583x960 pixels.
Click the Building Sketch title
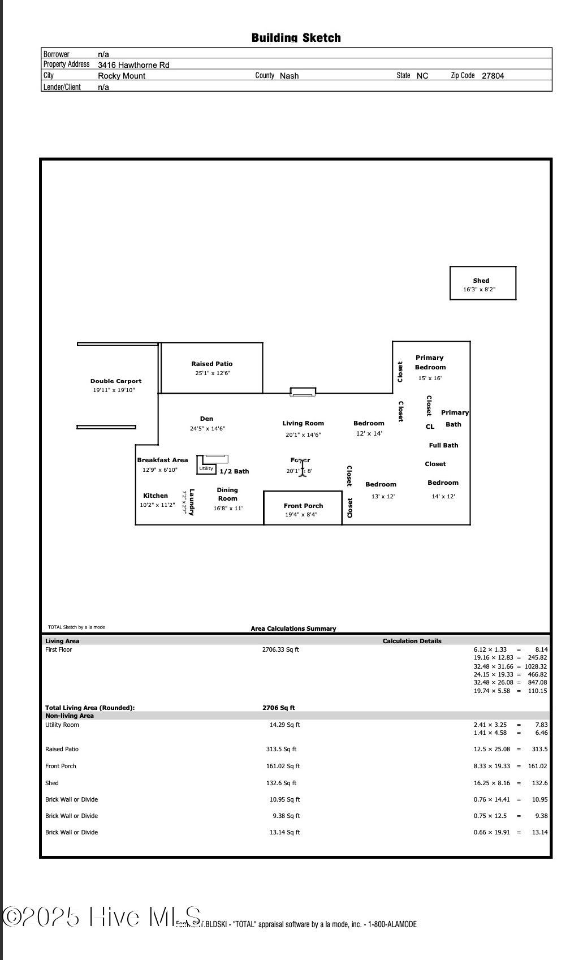click(296, 38)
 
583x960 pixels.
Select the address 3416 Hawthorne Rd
click(133, 65)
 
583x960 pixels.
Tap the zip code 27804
click(493, 76)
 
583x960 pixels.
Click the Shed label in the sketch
click(481, 281)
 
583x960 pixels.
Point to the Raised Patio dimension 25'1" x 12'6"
click(213, 373)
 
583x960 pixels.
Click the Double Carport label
click(116, 381)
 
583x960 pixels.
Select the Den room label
click(207, 419)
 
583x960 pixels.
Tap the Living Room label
click(303, 423)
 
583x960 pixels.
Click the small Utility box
click(206, 468)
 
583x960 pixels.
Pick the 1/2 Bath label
click(234, 471)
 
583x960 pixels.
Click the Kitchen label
click(156, 496)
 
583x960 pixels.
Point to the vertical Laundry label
click(192, 502)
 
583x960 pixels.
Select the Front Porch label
click(303, 506)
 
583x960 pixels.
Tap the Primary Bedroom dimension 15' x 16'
click(430, 378)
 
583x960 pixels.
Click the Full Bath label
click(443, 445)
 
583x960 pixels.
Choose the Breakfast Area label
click(162, 460)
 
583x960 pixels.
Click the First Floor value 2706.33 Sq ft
click(280, 649)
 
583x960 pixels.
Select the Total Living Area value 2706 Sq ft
click(279, 708)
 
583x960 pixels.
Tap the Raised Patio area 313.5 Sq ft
click(281, 749)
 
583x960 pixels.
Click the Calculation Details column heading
click(412, 641)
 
